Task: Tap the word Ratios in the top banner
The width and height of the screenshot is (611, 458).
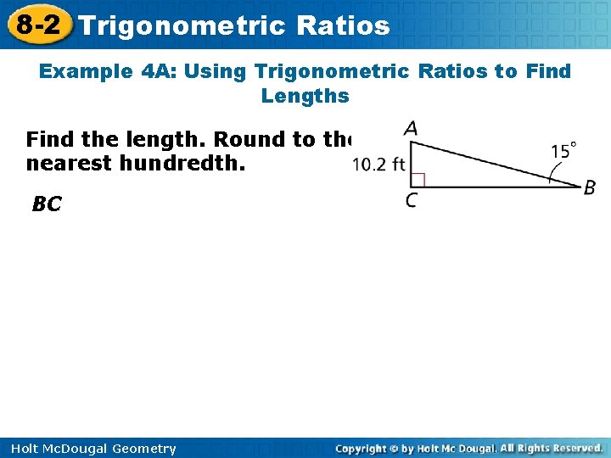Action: point(344,25)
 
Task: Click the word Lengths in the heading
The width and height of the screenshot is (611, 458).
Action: point(305,96)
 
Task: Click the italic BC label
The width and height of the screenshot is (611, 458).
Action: point(47,204)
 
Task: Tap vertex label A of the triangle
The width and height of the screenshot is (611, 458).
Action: point(411,128)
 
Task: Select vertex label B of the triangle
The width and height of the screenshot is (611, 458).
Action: point(589,188)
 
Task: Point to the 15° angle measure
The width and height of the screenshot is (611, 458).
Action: point(564,152)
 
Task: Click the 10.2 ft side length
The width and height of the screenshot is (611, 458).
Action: point(378,165)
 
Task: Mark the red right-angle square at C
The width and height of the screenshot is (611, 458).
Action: point(417,179)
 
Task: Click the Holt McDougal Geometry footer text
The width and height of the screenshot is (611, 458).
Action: point(89,449)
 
